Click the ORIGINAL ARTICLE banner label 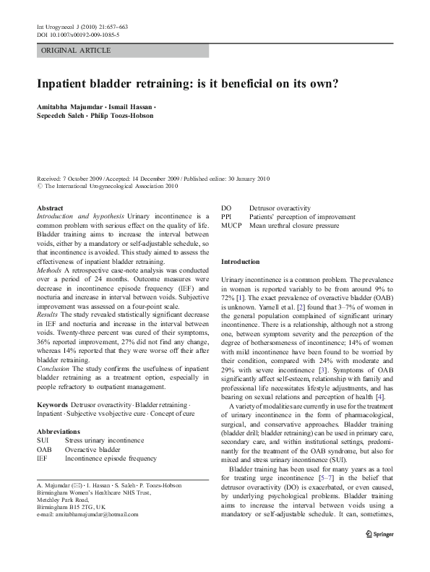pyautogui.click(x=76, y=50)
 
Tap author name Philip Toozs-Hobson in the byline pyautogui.click(x=127, y=116)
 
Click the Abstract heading pyautogui.click(x=50, y=207)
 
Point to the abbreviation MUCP pyautogui.click(x=231, y=226)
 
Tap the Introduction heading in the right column pyautogui.click(x=240, y=261)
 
